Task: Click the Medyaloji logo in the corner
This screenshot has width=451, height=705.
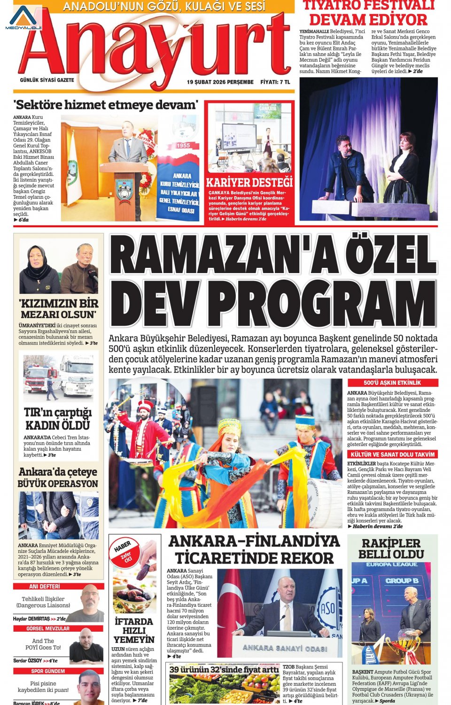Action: (23, 18)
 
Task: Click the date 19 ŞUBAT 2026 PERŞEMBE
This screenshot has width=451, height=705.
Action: (220, 82)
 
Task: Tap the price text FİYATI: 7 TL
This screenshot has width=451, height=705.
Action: (275, 82)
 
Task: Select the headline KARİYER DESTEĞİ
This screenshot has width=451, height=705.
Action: (249, 182)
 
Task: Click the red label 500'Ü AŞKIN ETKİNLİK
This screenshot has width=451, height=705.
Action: (392, 383)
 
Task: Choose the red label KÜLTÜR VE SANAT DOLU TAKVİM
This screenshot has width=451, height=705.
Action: (392, 454)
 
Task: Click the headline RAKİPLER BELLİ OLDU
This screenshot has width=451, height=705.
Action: (391, 548)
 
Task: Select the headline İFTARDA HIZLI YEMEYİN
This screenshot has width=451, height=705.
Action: (134, 630)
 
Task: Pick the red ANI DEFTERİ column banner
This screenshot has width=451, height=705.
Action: (45, 587)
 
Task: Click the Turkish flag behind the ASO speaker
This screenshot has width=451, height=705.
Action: (230, 606)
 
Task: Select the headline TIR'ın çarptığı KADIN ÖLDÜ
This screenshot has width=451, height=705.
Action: (58, 419)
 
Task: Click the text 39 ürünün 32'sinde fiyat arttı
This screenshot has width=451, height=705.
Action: (224, 669)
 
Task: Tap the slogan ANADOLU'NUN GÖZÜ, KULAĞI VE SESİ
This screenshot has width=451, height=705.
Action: (164, 7)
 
